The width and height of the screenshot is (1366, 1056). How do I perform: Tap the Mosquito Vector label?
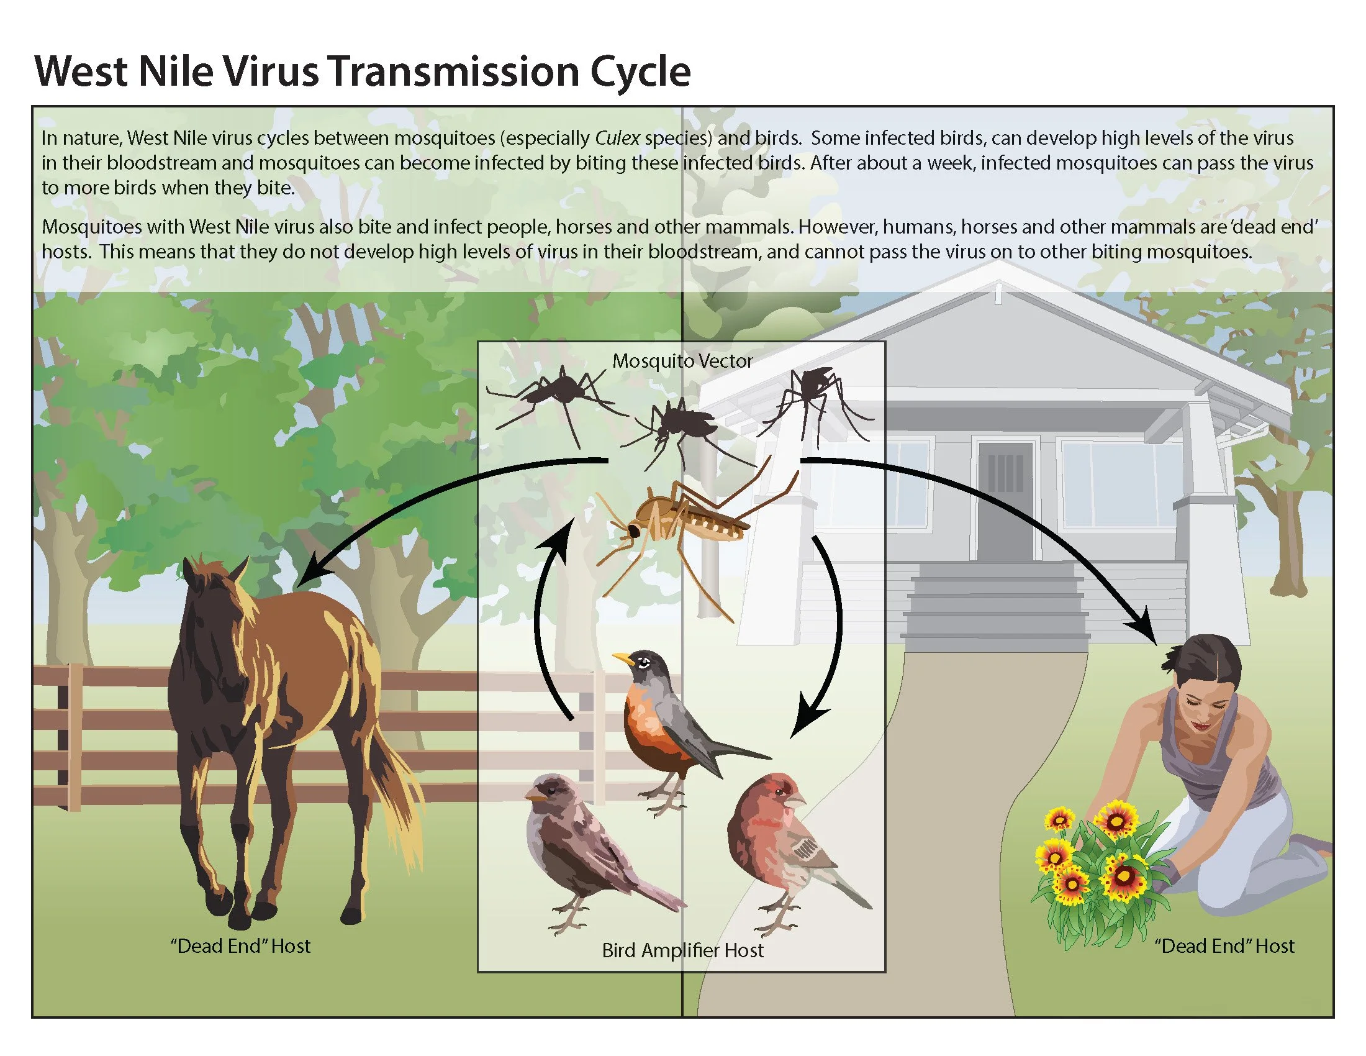[x=682, y=361]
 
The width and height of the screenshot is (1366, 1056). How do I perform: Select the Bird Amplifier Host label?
[x=682, y=950]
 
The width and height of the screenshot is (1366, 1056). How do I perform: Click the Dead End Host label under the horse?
[x=240, y=945]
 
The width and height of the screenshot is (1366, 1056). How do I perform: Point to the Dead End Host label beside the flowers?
[x=1224, y=945]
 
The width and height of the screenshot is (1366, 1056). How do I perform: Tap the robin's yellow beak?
[x=622, y=657]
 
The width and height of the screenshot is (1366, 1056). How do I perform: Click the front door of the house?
[x=1005, y=501]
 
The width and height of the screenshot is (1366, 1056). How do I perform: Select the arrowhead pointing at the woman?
[x=1146, y=629]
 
